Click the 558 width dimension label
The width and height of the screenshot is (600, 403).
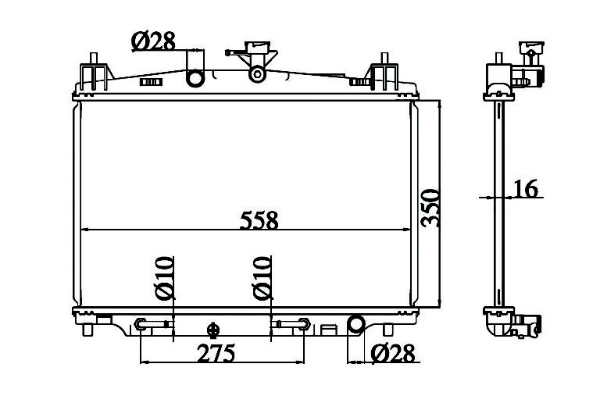point(259,220)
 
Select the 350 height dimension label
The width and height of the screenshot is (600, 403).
point(430,208)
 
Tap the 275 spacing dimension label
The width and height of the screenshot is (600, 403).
point(216,353)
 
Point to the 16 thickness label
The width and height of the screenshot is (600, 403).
point(525,189)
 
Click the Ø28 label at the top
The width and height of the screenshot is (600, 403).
point(153,41)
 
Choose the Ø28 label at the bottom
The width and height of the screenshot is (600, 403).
point(393,353)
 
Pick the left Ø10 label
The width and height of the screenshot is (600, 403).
point(165,278)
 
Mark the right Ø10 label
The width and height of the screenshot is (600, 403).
point(262,278)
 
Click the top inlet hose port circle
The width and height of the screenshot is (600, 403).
point(195,78)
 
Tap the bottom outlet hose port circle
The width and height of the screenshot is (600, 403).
point(356,323)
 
